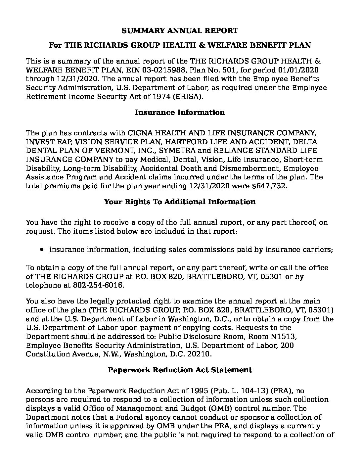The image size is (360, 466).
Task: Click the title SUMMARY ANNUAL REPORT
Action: tap(180, 31)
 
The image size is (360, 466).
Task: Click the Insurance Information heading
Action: tap(180, 113)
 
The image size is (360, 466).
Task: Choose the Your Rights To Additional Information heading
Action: tap(180, 202)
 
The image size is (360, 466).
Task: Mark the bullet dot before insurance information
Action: tap(42, 250)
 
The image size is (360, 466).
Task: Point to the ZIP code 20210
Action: tap(200, 354)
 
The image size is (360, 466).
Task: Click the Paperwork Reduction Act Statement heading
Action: tap(180, 370)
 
